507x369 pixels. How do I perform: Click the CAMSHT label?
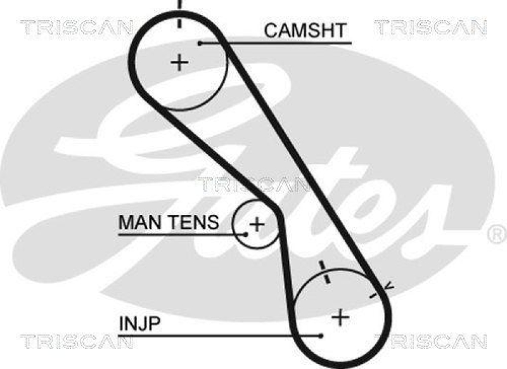305,30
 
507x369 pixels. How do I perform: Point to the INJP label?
140,324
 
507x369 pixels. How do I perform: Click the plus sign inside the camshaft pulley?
181,62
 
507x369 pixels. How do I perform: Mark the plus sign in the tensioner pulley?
257,224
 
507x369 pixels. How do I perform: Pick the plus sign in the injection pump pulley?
341,316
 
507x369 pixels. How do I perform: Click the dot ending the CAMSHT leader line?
199,43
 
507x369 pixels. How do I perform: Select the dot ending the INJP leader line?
322,335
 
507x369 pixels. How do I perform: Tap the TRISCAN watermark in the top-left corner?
76,27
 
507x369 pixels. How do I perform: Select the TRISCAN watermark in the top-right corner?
430,27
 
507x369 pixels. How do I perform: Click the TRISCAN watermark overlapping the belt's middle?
253,184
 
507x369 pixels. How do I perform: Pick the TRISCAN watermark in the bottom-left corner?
76,341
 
